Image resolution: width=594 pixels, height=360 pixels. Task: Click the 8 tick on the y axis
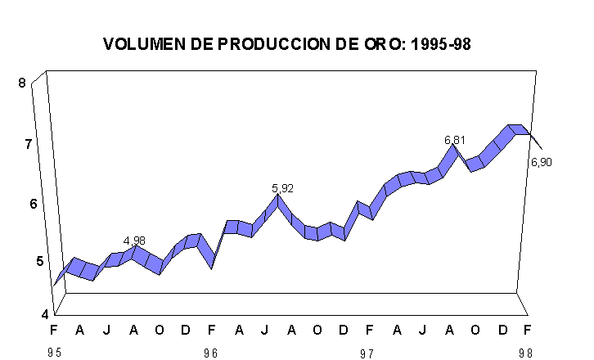tap(23, 82)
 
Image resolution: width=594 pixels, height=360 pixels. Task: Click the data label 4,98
tap(134, 241)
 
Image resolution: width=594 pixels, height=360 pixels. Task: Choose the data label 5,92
tap(282, 188)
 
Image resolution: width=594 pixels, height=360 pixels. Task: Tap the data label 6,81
tap(455, 140)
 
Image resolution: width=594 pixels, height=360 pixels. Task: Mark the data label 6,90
tap(542, 162)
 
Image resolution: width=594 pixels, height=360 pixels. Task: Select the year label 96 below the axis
tap(211, 353)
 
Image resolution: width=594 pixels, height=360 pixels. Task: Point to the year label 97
tap(369, 353)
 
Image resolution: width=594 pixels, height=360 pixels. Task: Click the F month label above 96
tap(211, 330)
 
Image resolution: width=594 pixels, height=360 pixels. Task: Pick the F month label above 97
tap(369, 330)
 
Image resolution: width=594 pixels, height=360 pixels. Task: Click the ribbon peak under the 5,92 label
tap(279, 200)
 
